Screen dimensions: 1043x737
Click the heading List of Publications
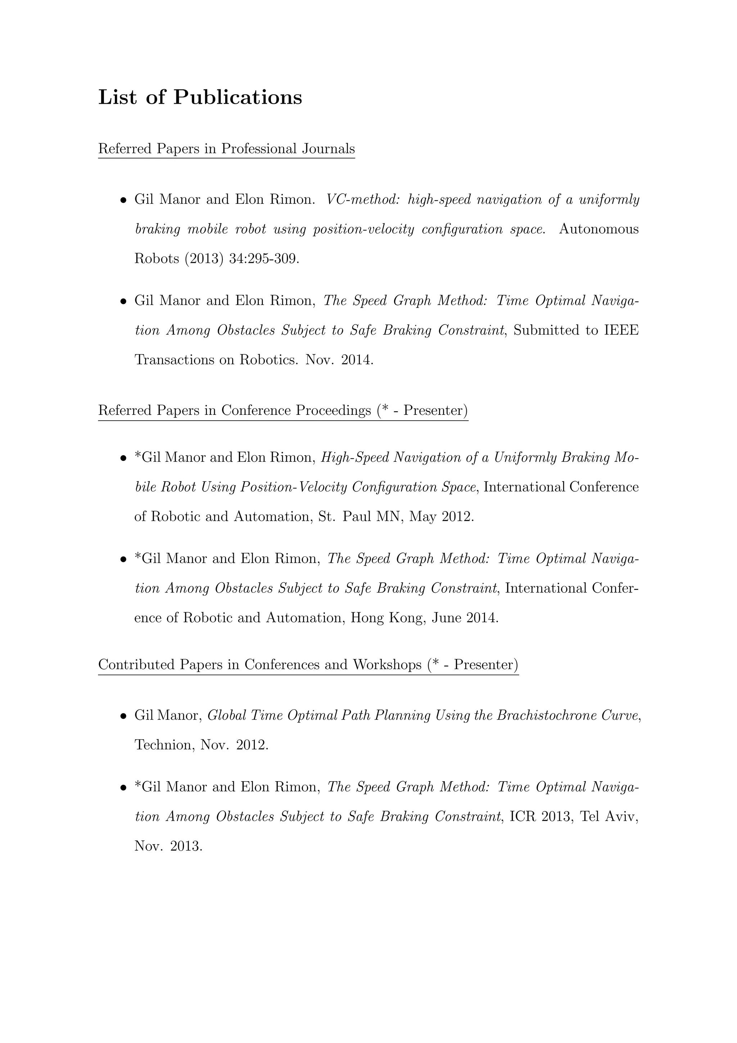click(200, 98)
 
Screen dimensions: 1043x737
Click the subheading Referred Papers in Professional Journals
click(226, 149)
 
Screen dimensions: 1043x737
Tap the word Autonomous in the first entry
click(598, 229)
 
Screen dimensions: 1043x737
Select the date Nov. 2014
click(339, 360)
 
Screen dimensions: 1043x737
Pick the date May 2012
click(441, 517)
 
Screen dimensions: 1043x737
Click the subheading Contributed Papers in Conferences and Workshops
click(308, 665)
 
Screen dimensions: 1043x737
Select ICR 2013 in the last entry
click(539, 817)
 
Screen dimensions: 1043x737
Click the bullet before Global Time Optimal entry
click(123, 717)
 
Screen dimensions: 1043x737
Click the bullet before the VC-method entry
click(123, 201)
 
